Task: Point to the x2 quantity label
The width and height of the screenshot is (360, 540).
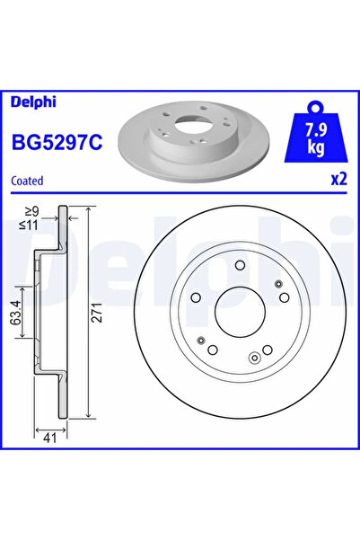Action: coord(338,180)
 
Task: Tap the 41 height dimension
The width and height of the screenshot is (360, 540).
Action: coord(49,438)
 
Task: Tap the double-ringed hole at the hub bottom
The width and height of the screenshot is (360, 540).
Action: coord(255,359)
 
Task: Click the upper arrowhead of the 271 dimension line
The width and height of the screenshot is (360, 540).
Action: coord(91,212)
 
